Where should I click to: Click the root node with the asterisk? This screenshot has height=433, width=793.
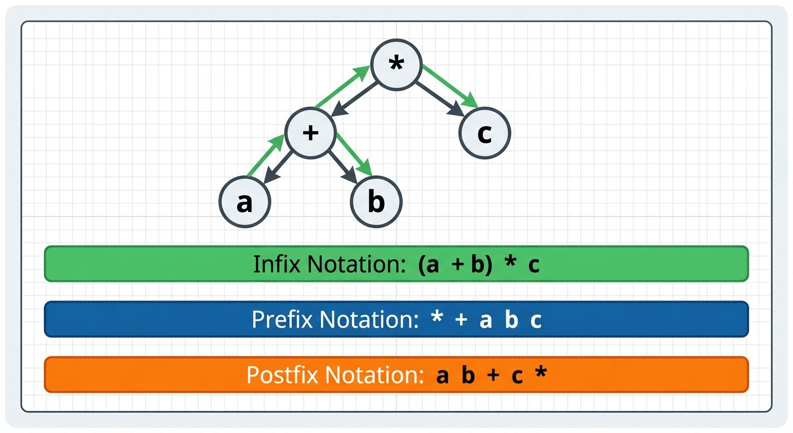396,64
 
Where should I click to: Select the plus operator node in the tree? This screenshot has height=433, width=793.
311,133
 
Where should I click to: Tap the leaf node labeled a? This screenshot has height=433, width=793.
244,202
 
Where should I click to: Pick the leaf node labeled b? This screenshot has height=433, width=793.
376,202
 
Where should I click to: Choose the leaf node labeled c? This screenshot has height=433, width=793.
484,133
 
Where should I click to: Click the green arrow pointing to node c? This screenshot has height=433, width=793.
451,86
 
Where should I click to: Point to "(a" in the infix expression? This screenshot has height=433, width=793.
429,265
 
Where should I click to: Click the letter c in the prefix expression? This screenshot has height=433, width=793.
536,320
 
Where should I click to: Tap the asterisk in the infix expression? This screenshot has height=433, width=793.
510,264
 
